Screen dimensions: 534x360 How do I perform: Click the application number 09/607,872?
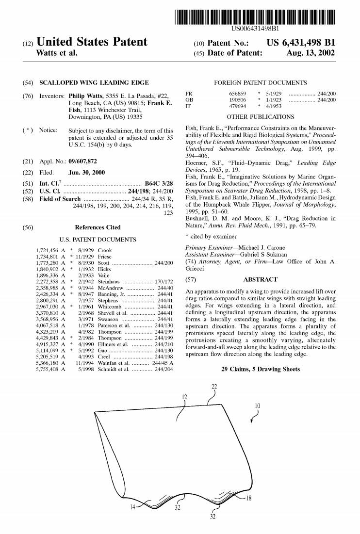tap(82, 161)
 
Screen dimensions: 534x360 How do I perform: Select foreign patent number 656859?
tap(237, 93)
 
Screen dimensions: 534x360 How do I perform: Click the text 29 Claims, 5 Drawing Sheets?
tap(260, 369)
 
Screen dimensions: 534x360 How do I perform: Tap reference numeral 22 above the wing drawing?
tap(214, 386)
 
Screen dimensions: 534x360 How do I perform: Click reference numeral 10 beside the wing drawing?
tap(257, 405)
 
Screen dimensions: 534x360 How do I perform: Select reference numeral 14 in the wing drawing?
tap(132, 507)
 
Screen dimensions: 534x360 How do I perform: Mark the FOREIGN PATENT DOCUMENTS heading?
tap(260, 83)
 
